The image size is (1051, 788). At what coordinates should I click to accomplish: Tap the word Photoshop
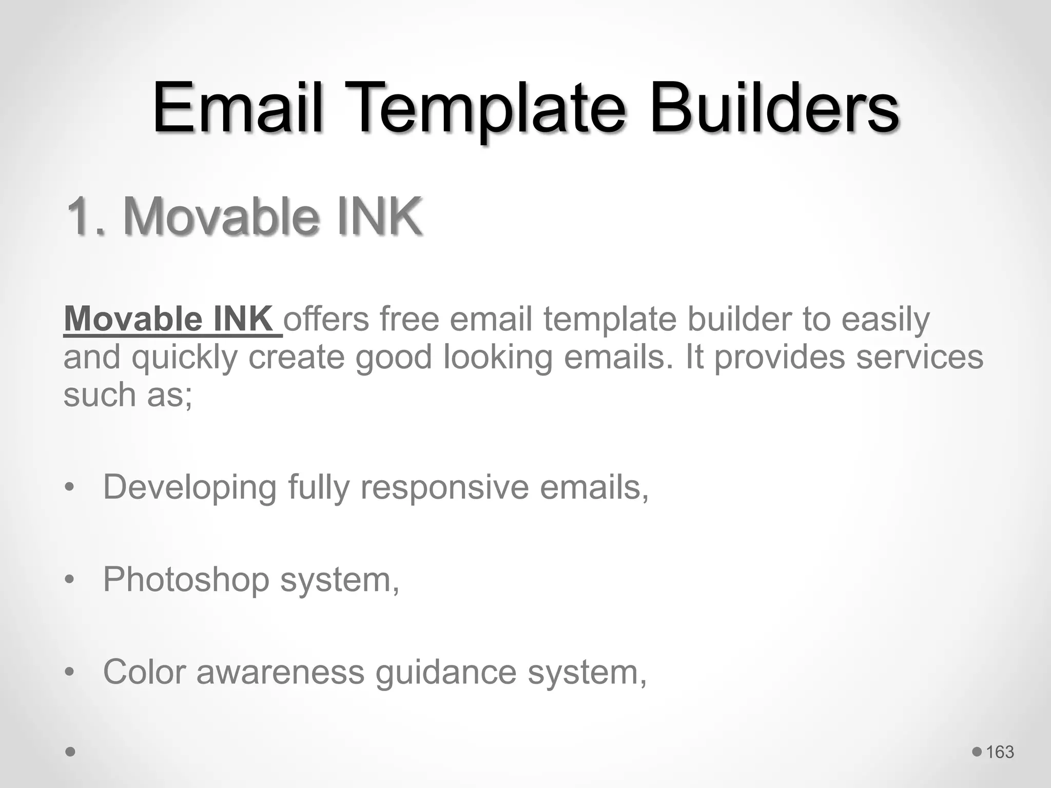tap(186, 579)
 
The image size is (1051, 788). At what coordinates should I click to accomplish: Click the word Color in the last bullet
tap(144, 672)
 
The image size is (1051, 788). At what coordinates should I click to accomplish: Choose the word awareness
tap(280, 672)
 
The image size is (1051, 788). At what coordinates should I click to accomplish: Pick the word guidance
tap(445, 672)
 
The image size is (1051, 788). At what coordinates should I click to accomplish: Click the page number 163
tap(1000, 752)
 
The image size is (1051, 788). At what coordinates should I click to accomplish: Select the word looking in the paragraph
tap(498, 357)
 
